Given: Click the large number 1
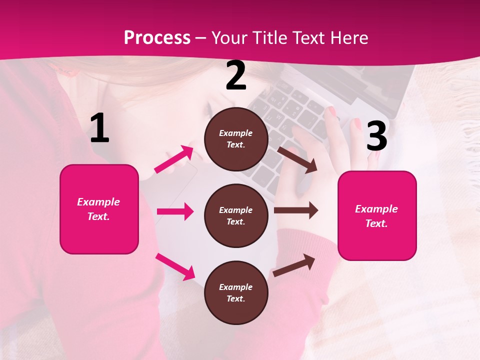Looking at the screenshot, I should point(99,128).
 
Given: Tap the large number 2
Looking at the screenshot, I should point(236,75).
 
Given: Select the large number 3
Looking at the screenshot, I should point(376,136).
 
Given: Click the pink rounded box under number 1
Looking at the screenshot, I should point(99,209).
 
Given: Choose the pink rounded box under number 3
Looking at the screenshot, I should point(377,215).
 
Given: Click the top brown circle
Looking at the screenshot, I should point(236,139).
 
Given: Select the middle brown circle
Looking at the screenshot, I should point(236,215).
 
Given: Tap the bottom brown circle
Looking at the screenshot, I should point(236,292).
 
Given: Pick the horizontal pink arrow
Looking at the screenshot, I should point(175,211).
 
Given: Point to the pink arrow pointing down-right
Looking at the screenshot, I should point(175,266).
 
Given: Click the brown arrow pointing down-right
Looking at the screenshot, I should point(297,159).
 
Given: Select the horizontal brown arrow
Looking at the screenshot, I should point(296,210).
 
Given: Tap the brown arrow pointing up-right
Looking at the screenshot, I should point(294,265).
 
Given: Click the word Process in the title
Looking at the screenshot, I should point(157,37).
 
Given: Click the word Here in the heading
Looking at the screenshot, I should point(348,37).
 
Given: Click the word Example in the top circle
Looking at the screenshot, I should point(236,133).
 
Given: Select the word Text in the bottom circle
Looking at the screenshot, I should point(235,299).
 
